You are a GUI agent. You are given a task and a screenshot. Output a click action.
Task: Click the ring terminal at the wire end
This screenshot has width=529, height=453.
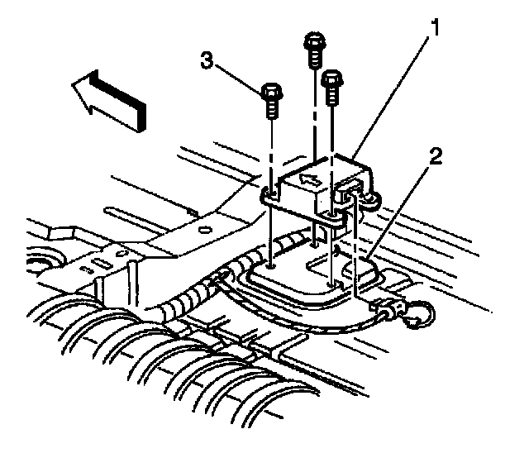417,312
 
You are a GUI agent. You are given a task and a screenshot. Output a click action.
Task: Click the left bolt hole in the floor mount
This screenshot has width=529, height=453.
271,266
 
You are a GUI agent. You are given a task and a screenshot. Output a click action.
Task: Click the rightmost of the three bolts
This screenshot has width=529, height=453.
332,88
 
